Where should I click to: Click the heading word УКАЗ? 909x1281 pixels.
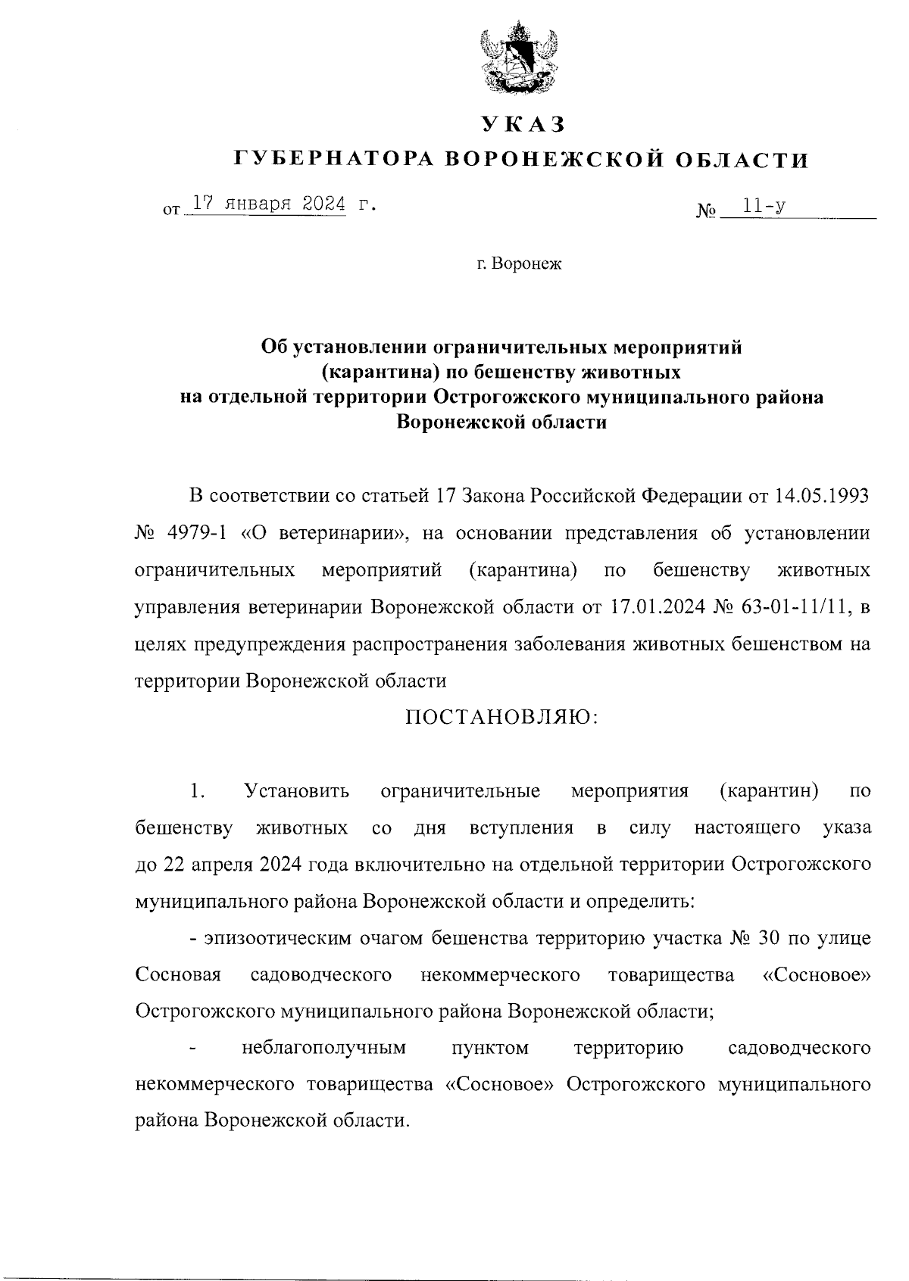523,123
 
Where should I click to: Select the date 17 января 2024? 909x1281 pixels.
268,204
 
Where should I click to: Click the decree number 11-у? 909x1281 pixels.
763,205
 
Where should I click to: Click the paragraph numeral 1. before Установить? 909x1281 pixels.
197,791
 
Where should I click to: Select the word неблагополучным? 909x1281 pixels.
323,1049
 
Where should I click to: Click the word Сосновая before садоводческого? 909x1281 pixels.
178,975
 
